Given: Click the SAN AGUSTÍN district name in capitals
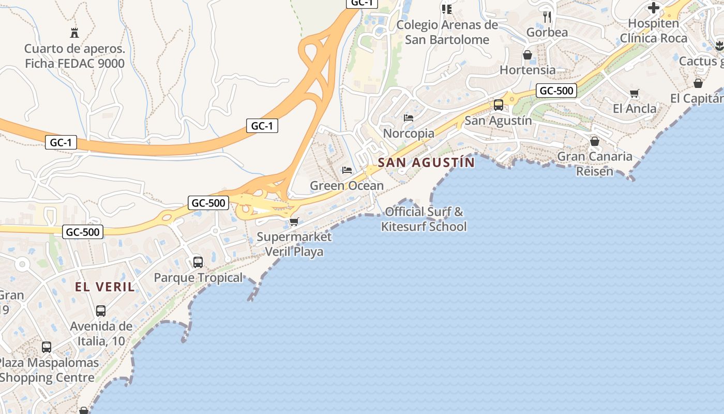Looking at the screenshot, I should click(x=426, y=162).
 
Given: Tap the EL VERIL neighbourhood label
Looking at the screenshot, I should click(x=105, y=287).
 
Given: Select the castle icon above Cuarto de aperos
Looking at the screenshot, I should click(x=74, y=33).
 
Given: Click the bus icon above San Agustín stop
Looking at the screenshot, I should click(x=498, y=105).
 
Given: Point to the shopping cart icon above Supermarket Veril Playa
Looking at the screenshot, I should click(x=294, y=221).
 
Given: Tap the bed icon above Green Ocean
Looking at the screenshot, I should click(x=347, y=170).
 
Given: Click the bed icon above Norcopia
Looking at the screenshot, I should click(x=409, y=118).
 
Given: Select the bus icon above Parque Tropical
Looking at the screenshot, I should click(x=198, y=262).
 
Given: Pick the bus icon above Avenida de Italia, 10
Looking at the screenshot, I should click(x=101, y=311).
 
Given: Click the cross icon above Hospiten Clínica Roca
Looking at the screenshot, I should click(x=654, y=8).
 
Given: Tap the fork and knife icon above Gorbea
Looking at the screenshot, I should click(x=547, y=17).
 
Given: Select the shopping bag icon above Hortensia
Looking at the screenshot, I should click(x=527, y=54).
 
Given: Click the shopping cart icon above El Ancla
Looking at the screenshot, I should click(x=635, y=93).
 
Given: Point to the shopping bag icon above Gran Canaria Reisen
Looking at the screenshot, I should click(x=595, y=141).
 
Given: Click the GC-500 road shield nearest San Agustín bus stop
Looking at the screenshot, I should click(x=556, y=91).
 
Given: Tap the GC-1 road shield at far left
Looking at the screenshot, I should click(x=61, y=142).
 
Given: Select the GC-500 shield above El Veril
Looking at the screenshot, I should click(x=83, y=232).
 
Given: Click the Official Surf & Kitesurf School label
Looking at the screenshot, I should click(x=424, y=219).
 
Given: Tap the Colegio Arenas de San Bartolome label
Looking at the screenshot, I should click(x=447, y=32).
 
